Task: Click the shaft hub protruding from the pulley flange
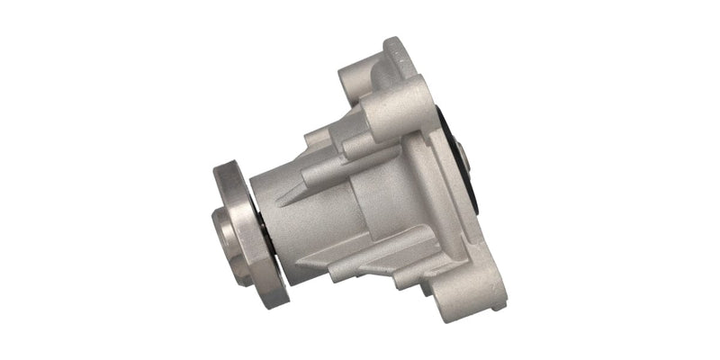point(225,231)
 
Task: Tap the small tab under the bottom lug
point(497,302)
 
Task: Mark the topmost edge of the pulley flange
point(225,166)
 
